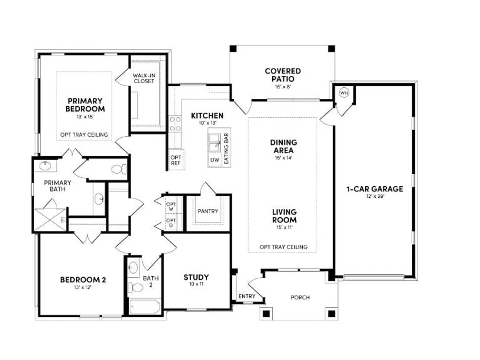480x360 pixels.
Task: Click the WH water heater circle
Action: (x=344, y=93)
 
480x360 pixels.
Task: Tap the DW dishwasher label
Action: (x=215, y=160)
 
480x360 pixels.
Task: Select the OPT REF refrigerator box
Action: (x=176, y=160)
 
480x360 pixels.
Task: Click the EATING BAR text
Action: (x=227, y=148)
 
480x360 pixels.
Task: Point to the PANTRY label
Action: (x=208, y=211)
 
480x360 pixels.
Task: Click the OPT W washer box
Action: (x=171, y=206)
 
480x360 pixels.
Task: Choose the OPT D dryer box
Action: (x=171, y=223)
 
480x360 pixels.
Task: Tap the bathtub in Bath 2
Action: (x=145, y=307)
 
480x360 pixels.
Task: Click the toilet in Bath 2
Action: (x=136, y=288)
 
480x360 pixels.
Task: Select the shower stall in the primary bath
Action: (x=50, y=220)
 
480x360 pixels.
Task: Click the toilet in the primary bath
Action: (x=119, y=169)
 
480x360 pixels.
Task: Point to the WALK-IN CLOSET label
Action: (x=144, y=78)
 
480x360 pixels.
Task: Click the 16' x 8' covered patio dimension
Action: (x=283, y=86)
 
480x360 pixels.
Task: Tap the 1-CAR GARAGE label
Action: (x=375, y=189)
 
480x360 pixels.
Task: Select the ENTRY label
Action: (x=247, y=296)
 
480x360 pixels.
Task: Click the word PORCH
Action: (x=300, y=297)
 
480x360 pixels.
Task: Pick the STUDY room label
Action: (x=196, y=277)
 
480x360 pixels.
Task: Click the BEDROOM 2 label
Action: (x=83, y=279)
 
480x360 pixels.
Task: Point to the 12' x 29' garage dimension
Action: (x=375, y=196)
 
